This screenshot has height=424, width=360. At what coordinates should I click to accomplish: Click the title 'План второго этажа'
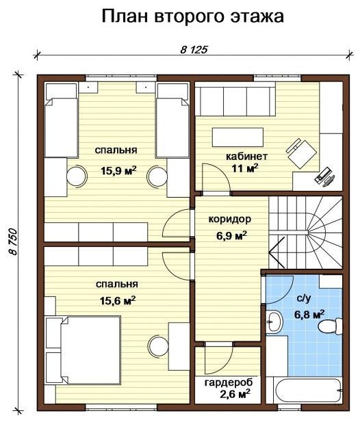193,16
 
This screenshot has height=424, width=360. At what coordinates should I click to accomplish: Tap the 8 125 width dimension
194,50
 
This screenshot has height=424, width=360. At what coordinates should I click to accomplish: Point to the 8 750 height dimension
14,241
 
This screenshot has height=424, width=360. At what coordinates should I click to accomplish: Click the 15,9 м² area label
118,171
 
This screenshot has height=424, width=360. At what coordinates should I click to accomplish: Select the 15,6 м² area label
118,301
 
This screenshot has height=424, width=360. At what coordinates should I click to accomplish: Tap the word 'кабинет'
246,157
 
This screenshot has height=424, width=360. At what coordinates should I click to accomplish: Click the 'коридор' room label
230,220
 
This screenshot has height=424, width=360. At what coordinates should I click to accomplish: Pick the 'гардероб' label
229,383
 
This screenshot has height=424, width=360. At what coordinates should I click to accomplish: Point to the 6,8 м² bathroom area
309,315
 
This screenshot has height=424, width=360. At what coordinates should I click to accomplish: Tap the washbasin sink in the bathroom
274,322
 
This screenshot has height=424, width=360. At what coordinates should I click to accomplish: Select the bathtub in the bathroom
308,390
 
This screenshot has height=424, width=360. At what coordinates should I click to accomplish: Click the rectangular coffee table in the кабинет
237,137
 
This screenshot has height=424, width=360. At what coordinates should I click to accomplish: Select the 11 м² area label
245,168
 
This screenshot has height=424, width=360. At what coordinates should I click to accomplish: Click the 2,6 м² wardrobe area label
234,394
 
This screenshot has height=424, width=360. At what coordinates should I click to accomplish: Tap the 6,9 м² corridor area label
231,235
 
